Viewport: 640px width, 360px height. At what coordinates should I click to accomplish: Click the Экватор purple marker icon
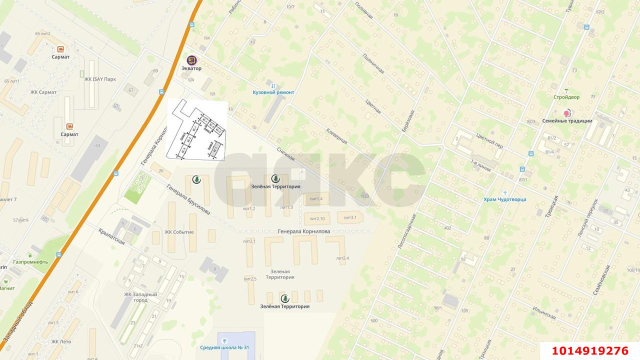click(191, 60)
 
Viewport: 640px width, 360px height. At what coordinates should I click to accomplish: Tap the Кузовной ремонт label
click(273, 92)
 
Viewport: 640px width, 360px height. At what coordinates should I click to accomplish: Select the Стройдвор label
click(566, 97)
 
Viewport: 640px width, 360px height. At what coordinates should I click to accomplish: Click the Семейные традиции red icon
click(567, 113)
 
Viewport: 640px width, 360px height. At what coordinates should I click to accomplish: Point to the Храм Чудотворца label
click(504, 199)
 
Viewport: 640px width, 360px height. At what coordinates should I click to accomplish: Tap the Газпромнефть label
click(30, 262)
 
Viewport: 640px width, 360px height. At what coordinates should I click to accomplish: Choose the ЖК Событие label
click(179, 232)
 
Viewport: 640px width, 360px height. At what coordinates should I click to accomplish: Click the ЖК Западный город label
click(140, 297)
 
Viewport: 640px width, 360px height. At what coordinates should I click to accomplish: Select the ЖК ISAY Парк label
click(100, 79)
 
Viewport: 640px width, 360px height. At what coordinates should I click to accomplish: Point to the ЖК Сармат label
click(43, 92)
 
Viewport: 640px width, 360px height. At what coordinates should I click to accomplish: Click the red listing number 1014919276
click(590, 350)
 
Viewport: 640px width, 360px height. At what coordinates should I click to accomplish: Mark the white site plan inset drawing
click(196, 129)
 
